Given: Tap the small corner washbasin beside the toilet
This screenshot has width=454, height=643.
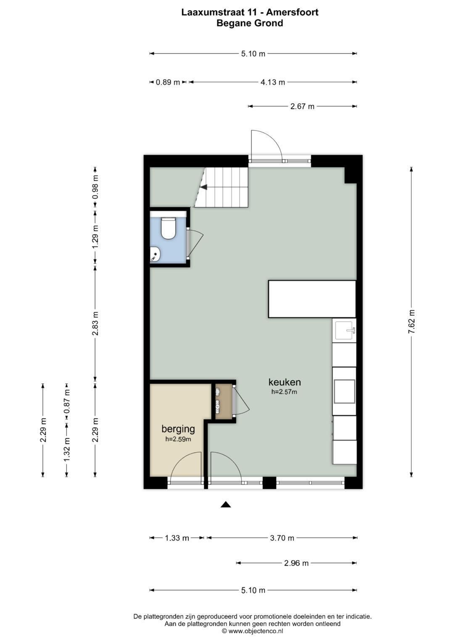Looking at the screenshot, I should point(155,254).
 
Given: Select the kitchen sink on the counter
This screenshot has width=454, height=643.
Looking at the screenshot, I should point(344,330).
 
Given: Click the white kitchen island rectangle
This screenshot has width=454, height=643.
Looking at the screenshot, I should point(312,299).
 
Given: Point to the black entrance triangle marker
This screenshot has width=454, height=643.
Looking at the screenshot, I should point(226,504).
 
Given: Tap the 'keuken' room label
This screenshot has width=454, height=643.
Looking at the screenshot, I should point(285,382).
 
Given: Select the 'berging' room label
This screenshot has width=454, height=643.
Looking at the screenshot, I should point(178,429).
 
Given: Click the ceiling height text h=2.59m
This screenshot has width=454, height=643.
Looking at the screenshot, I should point(178,439).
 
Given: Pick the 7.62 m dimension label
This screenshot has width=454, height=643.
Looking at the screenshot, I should point(412,322).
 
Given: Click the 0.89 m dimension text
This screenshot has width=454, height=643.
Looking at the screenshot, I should point(168,83).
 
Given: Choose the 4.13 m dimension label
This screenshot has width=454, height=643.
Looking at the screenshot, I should point(272,83).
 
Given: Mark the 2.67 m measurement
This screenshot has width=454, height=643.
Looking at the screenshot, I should point(302,107).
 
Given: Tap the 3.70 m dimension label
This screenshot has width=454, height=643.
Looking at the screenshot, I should point(282,538).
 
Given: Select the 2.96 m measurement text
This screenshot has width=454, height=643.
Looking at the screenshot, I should point(296,563).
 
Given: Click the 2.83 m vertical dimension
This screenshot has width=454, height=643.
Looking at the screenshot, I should point(95,323).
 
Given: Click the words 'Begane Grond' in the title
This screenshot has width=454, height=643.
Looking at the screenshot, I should point(250,24).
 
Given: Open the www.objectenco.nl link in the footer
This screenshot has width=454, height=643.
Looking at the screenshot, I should point(256,631).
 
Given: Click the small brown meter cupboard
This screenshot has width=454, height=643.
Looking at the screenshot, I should point(223,402).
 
